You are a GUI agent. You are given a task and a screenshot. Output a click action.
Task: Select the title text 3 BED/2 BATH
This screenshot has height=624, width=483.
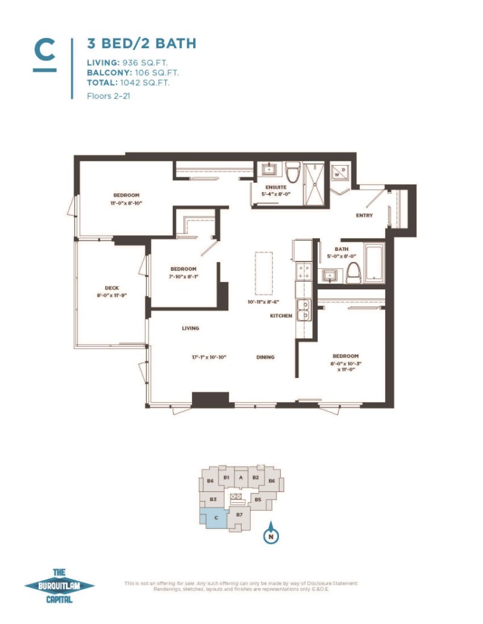point(141,43)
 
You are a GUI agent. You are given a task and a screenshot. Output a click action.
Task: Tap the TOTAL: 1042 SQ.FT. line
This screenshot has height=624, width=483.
point(128,83)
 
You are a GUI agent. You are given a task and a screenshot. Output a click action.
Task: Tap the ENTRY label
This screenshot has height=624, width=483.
point(364,215)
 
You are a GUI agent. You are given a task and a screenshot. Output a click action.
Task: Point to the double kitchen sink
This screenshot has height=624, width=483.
point(303,309)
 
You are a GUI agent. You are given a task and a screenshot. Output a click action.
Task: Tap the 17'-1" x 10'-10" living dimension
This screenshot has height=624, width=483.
point(208,358)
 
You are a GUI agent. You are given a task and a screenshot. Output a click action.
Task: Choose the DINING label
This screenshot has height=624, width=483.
point(265,357)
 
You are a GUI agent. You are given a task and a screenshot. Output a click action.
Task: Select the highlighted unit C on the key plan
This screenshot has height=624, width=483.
point(214,517)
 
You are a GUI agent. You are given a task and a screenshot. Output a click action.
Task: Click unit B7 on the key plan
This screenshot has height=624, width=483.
point(240,515)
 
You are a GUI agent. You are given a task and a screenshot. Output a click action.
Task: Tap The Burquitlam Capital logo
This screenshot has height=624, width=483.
point(59,585)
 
